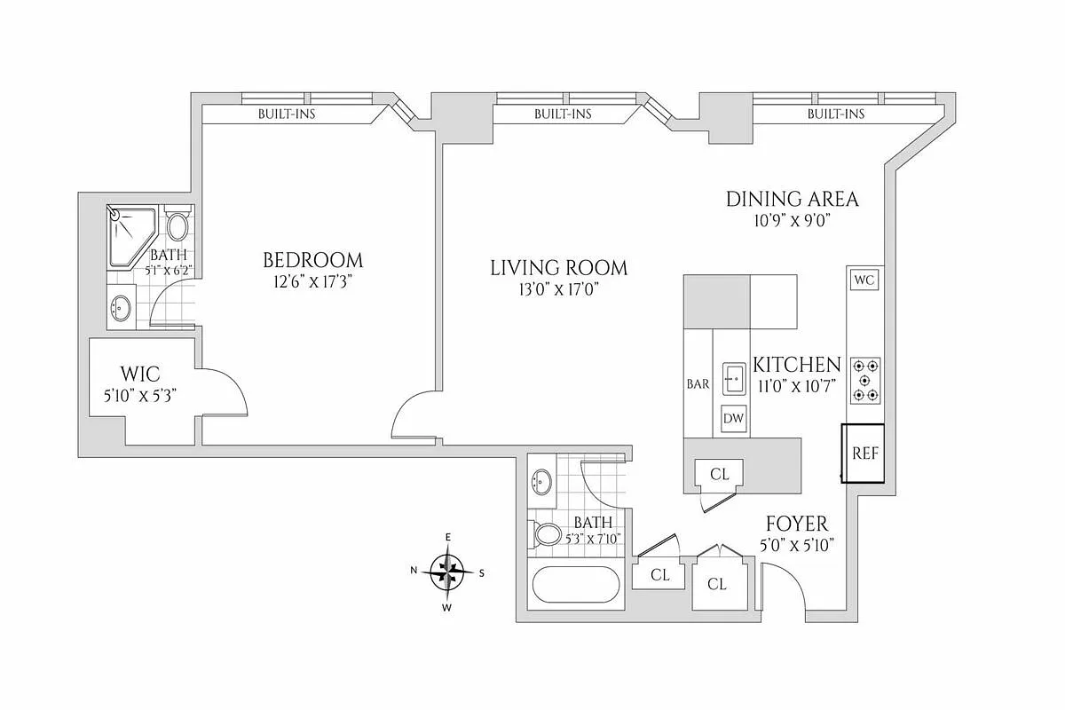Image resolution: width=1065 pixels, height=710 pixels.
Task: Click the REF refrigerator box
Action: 863,454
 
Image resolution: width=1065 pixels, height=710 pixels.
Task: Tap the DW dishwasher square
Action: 733,419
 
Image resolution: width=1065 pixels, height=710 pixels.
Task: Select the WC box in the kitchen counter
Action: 864,280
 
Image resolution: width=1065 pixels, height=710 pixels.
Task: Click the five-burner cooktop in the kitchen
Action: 865,381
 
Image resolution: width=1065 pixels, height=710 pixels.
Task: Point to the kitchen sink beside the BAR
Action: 735,379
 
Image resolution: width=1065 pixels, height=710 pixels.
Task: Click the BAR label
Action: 698,383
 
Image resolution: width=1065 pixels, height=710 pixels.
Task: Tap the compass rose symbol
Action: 447,572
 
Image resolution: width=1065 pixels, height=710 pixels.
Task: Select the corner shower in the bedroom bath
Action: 131,236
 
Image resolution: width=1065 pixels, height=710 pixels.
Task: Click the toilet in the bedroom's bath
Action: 177,224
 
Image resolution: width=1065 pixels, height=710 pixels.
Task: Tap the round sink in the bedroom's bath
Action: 121,307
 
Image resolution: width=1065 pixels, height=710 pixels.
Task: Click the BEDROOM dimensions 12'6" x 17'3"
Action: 312,282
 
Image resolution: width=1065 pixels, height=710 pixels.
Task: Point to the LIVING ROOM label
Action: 558,268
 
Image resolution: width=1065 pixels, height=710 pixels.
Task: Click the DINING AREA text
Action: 792,199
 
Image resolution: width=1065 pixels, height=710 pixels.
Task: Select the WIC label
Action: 140,375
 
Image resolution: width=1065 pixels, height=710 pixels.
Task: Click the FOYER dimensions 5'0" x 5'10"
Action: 797,545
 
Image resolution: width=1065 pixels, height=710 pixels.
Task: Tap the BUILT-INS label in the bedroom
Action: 287,114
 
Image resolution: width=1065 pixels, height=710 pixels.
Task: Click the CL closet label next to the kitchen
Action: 720,474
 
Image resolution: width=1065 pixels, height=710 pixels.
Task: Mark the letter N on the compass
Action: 414,570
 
